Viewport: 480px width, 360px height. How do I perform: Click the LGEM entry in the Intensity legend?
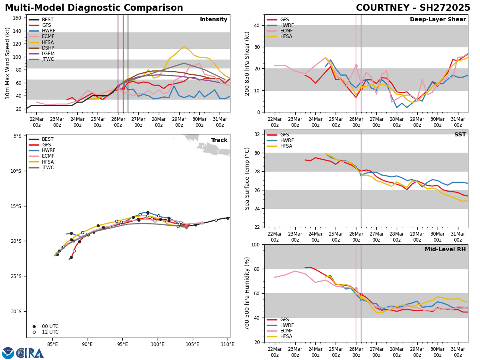coord(48,54)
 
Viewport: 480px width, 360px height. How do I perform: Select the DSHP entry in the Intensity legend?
coord(48,48)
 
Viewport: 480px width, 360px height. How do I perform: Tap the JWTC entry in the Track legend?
coord(48,168)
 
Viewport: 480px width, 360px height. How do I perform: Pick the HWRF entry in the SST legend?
coord(287,140)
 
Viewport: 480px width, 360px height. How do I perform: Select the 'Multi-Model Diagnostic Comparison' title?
coord(94,8)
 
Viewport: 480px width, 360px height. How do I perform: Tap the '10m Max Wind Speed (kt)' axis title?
coord(8,63)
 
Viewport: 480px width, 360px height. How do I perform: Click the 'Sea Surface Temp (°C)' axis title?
coord(247,178)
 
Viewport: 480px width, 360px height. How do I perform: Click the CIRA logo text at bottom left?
coord(30,353)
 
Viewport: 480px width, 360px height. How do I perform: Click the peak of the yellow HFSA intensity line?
coord(184,46)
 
